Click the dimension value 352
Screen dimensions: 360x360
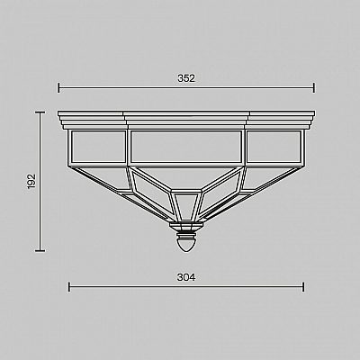(186, 78)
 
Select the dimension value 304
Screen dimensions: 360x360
(186, 277)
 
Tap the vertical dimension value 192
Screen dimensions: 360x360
(31, 181)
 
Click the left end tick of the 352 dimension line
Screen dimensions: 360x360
(58, 88)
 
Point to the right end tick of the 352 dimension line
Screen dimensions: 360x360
(314, 88)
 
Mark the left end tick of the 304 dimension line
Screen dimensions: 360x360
(69, 287)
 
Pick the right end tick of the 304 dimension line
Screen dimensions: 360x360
(303, 287)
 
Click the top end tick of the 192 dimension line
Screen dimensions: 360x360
(40, 112)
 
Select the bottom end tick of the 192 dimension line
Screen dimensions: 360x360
(40, 250)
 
